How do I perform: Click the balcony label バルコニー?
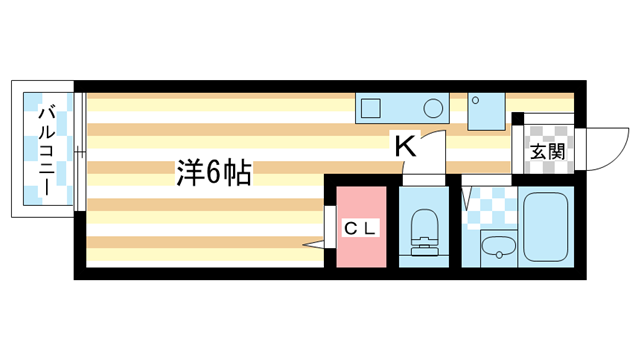tap(46, 150)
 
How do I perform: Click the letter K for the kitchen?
tap(404, 147)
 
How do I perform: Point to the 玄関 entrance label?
tap(547, 153)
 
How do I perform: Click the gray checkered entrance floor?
tap(546, 150)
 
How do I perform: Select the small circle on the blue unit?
tap(477, 100)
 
